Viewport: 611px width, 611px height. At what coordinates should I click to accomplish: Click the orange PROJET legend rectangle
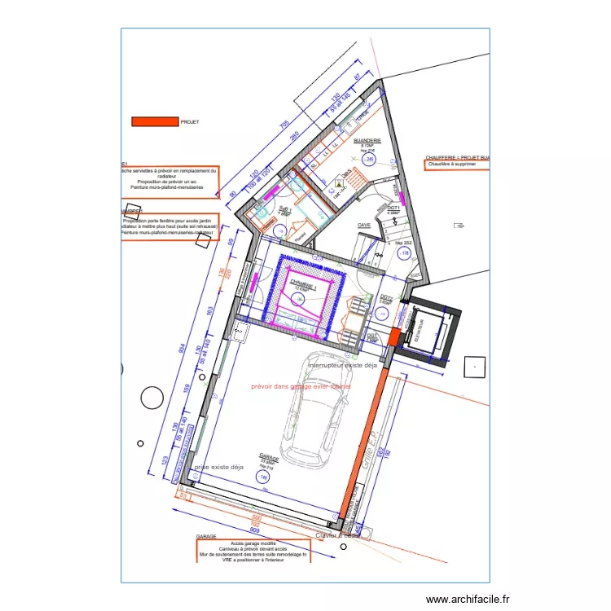click(155, 121)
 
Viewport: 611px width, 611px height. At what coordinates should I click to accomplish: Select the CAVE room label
click(364, 225)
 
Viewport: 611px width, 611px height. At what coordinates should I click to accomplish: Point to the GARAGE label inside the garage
click(269, 459)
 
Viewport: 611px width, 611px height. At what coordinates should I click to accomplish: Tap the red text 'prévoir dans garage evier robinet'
click(302, 387)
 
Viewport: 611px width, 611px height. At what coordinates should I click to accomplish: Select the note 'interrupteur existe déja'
click(343, 366)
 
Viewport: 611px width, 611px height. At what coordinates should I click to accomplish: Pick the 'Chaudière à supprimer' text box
click(456, 165)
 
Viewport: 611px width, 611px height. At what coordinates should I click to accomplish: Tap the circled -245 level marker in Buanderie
click(369, 160)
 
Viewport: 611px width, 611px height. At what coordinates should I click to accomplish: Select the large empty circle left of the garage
click(152, 398)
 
